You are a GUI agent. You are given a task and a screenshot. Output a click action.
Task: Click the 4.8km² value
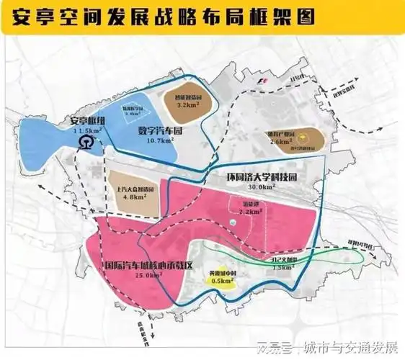(135, 194)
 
